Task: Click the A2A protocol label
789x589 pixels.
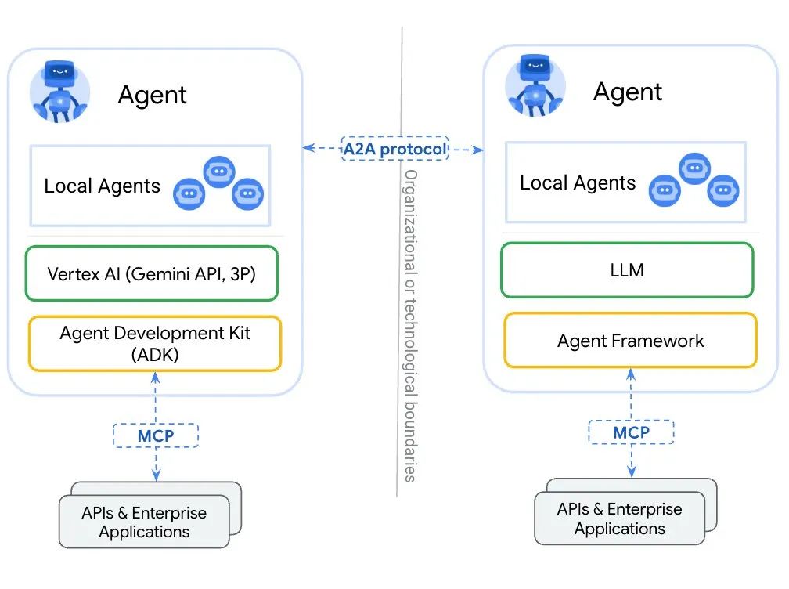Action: tap(394, 148)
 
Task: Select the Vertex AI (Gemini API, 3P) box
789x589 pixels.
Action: tap(152, 273)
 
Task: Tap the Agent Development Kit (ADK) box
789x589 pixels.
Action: tap(155, 342)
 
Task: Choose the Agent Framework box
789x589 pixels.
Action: tap(630, 341)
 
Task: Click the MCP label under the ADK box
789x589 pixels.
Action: tap(156, 435)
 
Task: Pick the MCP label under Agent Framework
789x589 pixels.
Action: tap(631, 432)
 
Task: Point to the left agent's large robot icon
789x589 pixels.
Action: tap(60, 92)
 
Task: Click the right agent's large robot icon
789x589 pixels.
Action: tap(535, 89)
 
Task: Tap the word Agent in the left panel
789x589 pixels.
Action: tap(152, 95)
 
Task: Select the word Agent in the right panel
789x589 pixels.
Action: tap(627, 92)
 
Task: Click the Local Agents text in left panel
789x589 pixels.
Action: tap(102, 186)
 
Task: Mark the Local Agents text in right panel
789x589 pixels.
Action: tap(578, 183)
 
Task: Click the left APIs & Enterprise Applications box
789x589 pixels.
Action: tap(144, 522)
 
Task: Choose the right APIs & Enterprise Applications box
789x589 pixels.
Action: tap(619, 519)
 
